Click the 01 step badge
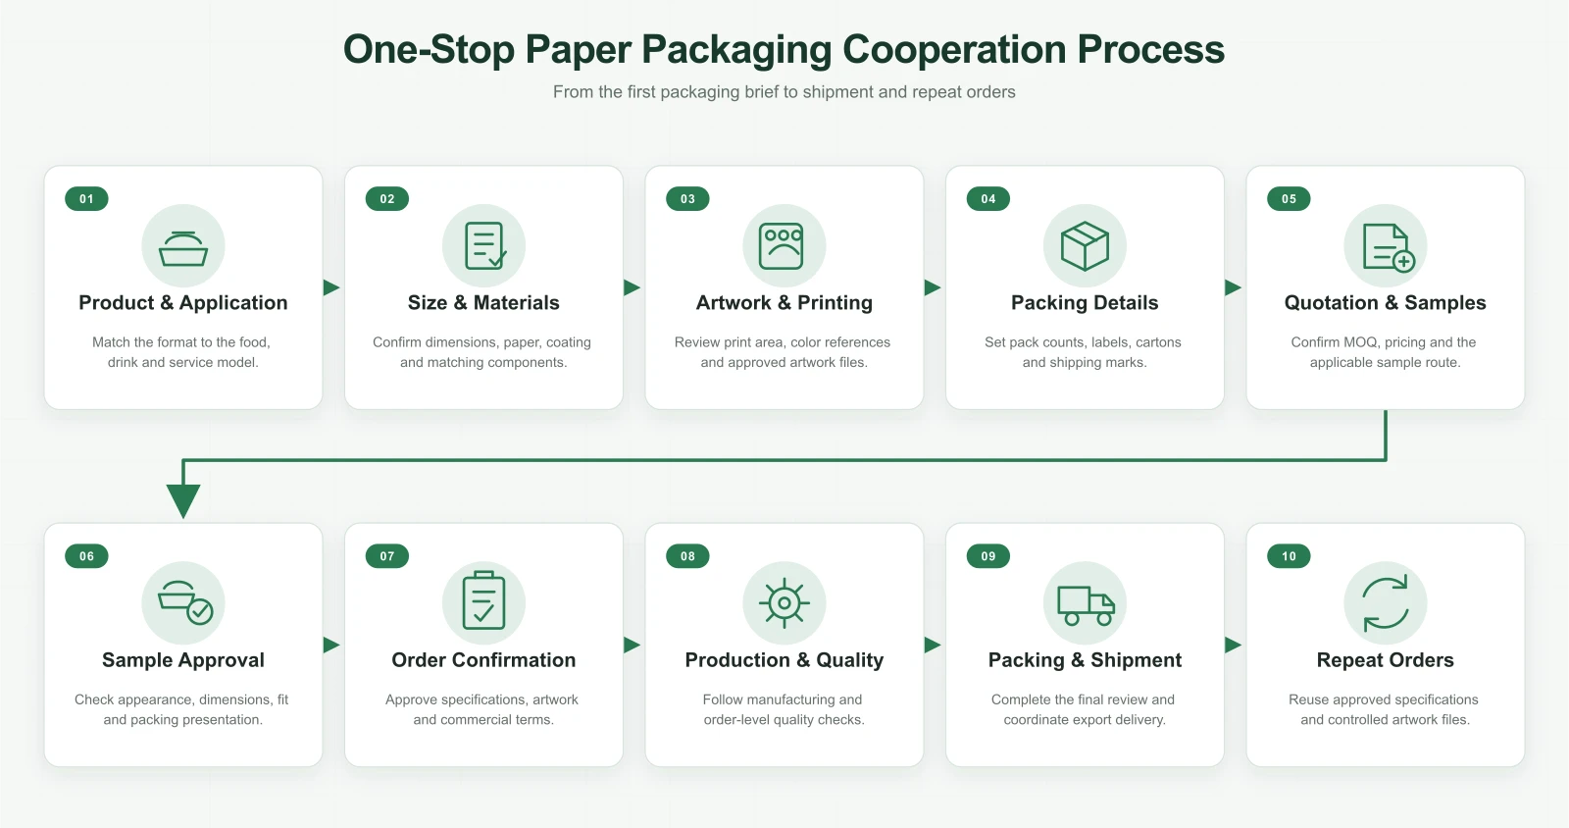point(86,199)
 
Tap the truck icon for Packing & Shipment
point(1085,605)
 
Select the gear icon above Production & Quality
point(784,602)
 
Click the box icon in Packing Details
point(1085,246)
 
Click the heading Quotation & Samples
point(1385,302)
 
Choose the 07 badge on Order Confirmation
point(386,556)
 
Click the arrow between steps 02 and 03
point(632,287)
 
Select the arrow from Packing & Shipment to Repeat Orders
point(1233,645)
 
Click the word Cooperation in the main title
point(954,50)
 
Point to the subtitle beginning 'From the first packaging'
point(784,92)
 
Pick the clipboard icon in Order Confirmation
point(483,600)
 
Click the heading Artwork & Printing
point(784,302)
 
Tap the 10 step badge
point(1289,556)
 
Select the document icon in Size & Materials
point(484,246)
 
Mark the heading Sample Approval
point(182,660)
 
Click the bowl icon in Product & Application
point(182,249)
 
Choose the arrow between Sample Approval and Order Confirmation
point(331,645)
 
